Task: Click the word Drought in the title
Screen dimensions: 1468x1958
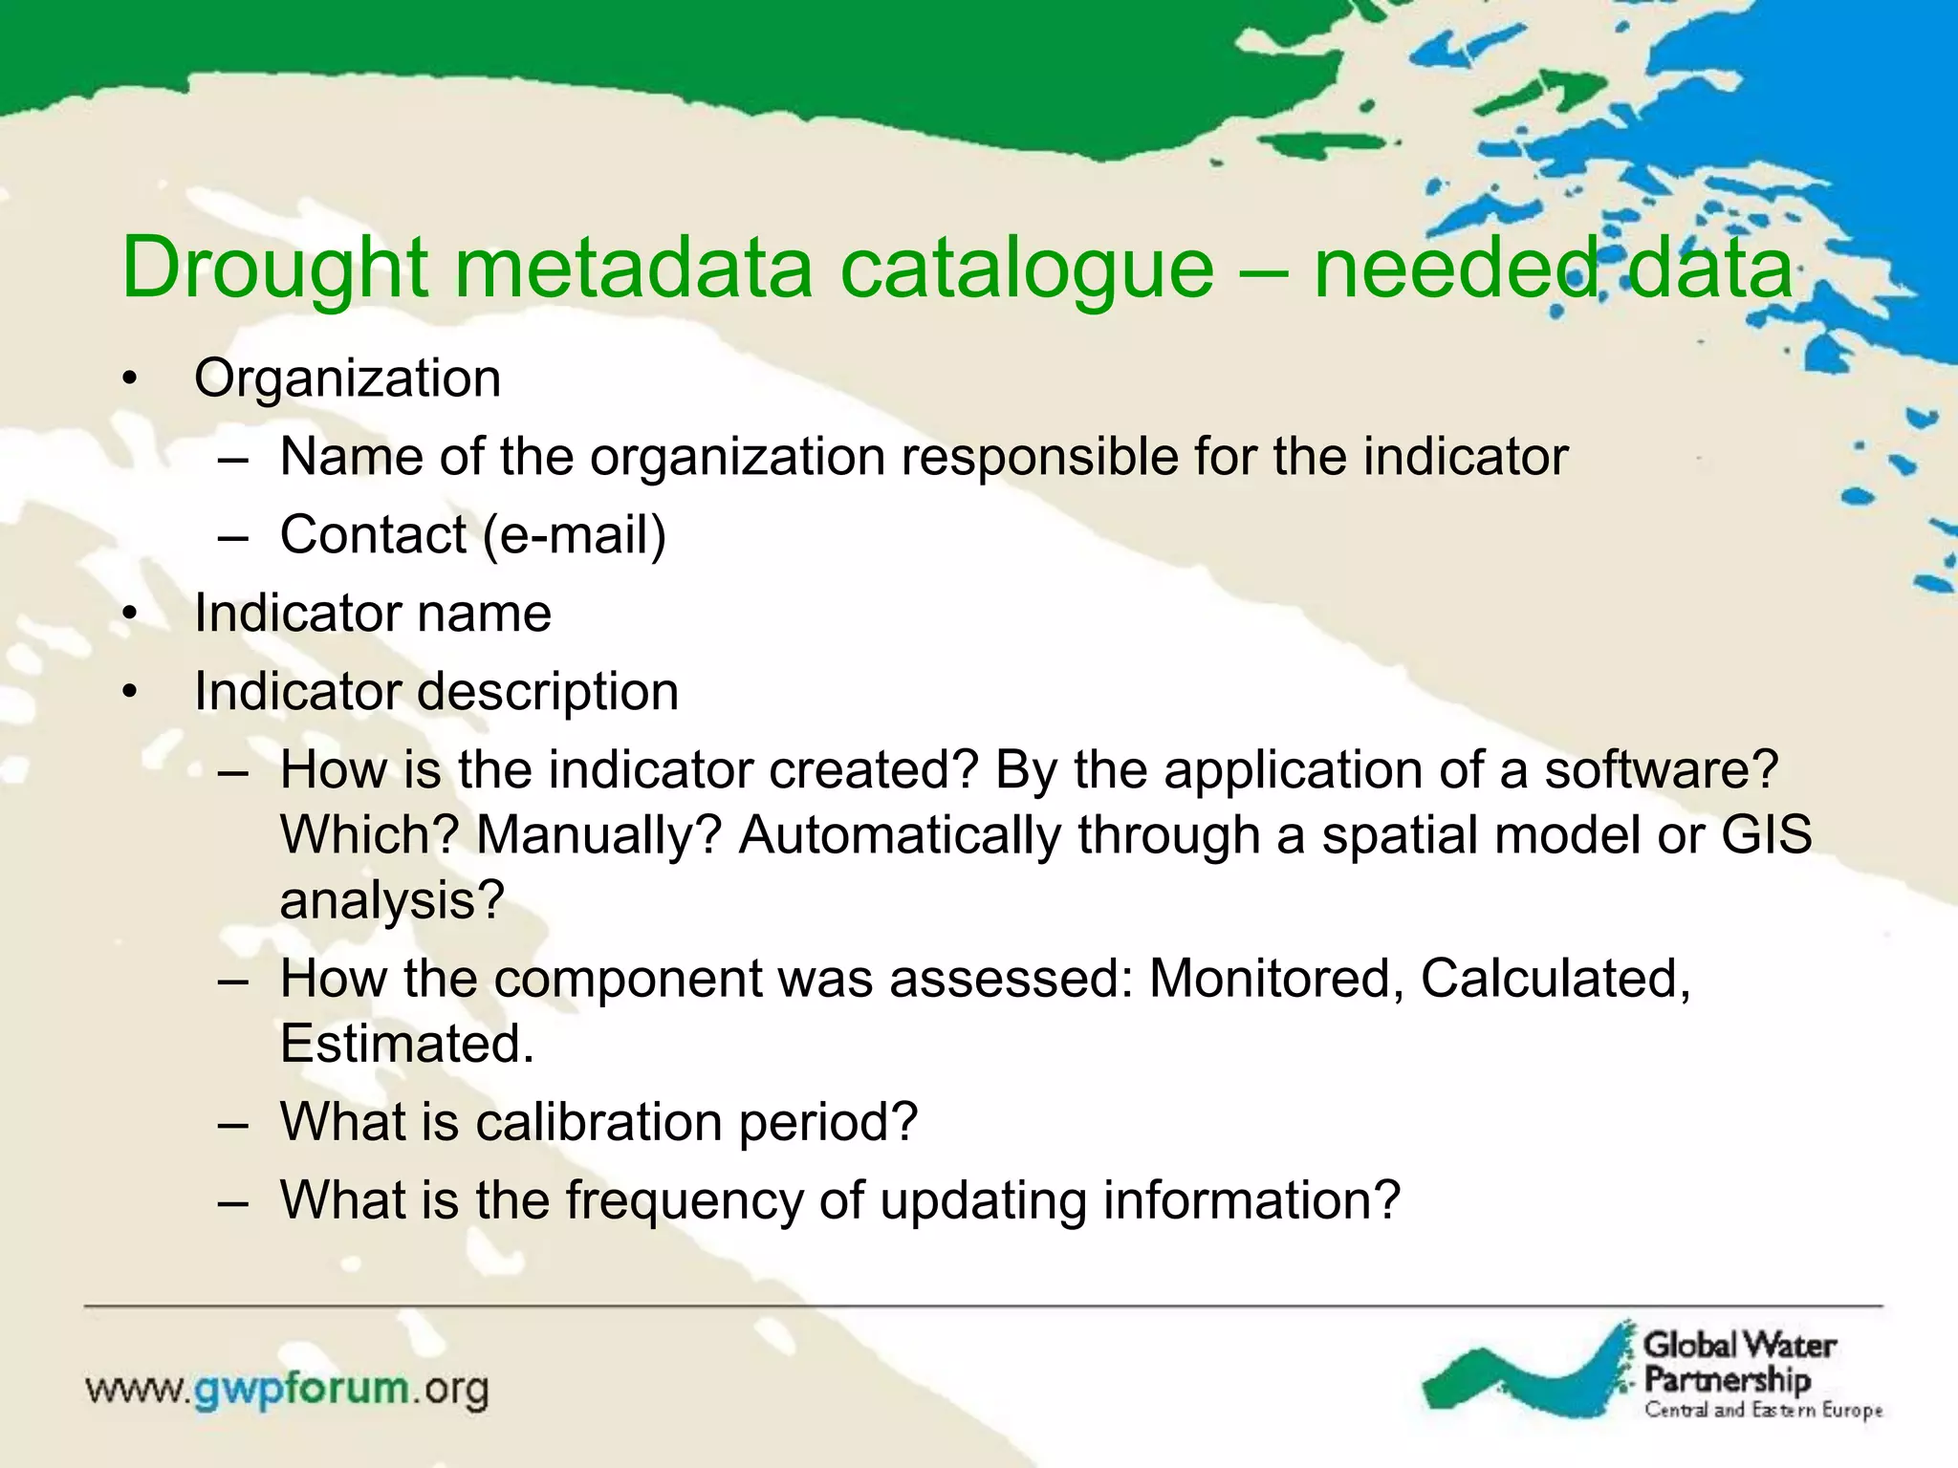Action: [x=275, y=269]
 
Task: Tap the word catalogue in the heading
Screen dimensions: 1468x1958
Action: [x=1026, y=269]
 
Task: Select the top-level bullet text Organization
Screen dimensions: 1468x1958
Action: [x=347, y=378]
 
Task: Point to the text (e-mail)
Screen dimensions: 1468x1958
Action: [x=574, y=534]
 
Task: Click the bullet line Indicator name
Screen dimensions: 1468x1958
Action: [x=373, y=613]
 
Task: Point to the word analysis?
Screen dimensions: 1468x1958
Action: [x=392, y=900]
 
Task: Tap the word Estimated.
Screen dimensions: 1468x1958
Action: [x=406, y=1044]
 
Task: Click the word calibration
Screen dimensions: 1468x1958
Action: [x=598, y=1122]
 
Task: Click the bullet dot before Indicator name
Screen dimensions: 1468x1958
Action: [x=131, y=614]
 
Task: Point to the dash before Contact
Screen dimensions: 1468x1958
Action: [x=232, y=536]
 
